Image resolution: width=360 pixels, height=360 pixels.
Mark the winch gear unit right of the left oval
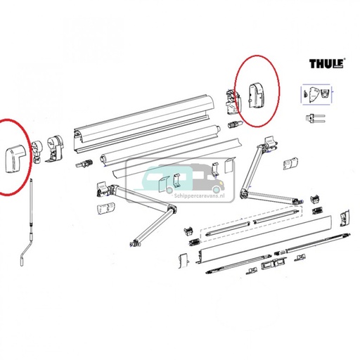click(x=56, y=148)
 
